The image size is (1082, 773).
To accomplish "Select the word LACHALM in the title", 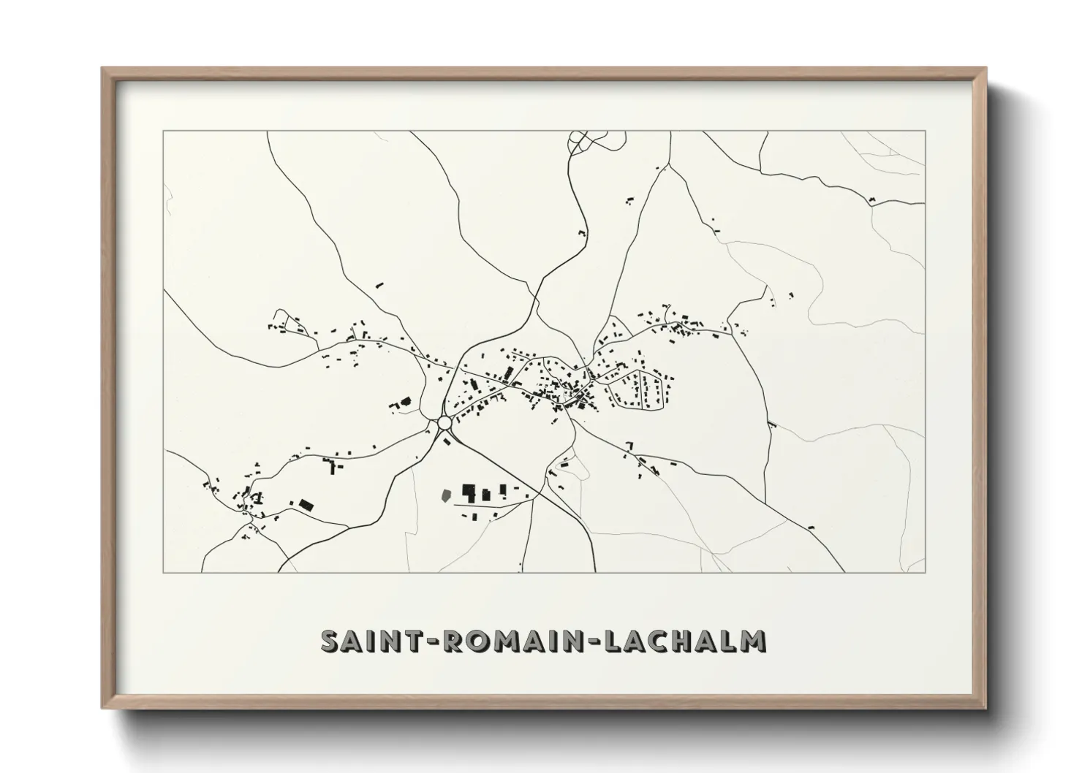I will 685,640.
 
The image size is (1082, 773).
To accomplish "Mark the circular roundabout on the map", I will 444,424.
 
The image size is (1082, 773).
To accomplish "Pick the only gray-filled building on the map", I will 444,495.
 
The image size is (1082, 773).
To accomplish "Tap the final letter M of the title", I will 752,640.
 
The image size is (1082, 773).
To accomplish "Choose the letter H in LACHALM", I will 687,640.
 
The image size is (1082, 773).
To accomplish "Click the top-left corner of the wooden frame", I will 103,69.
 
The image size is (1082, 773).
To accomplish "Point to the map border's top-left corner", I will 163,131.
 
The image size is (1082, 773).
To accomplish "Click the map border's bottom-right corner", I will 926,572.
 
